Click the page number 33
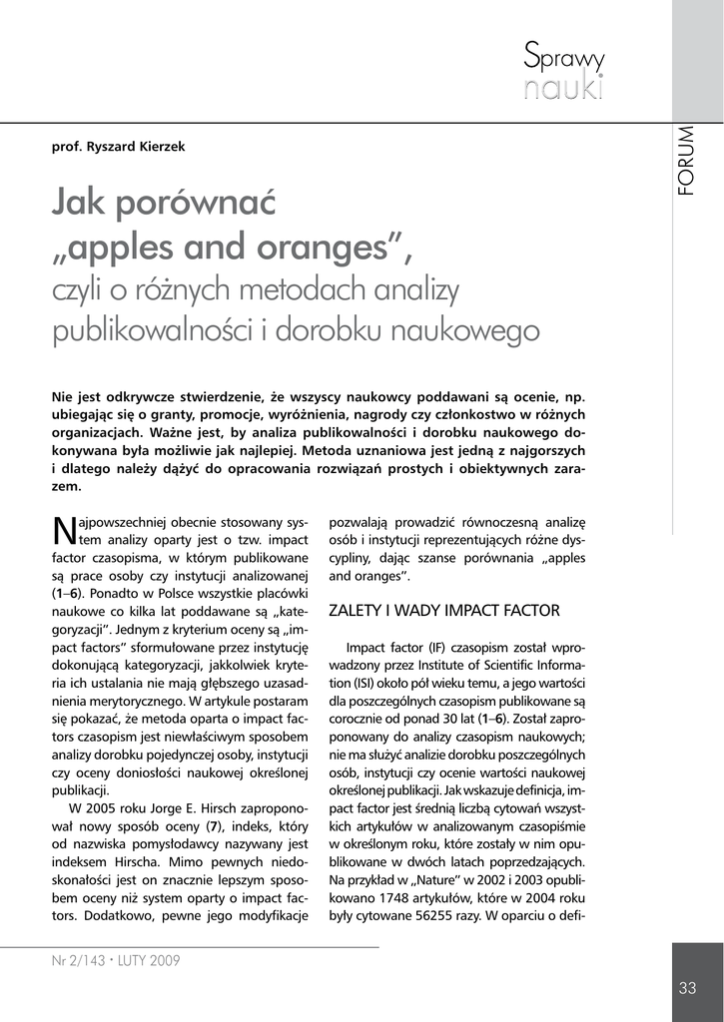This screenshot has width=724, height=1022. [x=687, y=988]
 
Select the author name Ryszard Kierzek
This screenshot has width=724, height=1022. [x=144, y=147]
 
